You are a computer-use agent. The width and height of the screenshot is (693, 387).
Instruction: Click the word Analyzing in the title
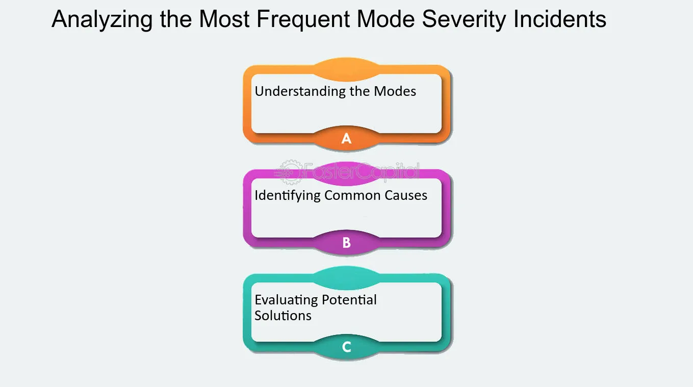(102, 20)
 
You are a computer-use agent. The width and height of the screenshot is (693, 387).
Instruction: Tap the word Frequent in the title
(303, 20)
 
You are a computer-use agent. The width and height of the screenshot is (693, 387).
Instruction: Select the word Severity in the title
(464, 20)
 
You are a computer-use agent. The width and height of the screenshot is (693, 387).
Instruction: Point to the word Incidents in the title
(560, 19)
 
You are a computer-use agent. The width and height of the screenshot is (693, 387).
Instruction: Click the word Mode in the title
(386, 19)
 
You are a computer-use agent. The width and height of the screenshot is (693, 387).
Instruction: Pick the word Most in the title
(224, 19)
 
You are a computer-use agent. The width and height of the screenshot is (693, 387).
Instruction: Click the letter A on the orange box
(347, 138)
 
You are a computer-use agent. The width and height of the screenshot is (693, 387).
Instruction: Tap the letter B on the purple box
(347, 243)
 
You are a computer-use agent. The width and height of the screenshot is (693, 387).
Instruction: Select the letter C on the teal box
(347, 347)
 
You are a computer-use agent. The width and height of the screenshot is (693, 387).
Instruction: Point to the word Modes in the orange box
(395, 91)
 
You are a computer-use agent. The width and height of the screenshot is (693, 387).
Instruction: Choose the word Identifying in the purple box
(288, 196)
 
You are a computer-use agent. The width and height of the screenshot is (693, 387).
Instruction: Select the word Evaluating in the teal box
(286, 300)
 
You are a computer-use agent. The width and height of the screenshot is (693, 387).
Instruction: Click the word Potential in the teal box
(349, 299)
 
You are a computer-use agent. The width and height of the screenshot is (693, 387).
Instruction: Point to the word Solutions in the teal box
(283, 316)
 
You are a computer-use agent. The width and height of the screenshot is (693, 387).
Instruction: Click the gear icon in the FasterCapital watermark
(290, 172)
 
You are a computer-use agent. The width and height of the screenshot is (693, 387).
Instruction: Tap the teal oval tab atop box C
(347, 278)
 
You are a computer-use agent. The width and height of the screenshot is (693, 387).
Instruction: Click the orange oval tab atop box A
(347, 69)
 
